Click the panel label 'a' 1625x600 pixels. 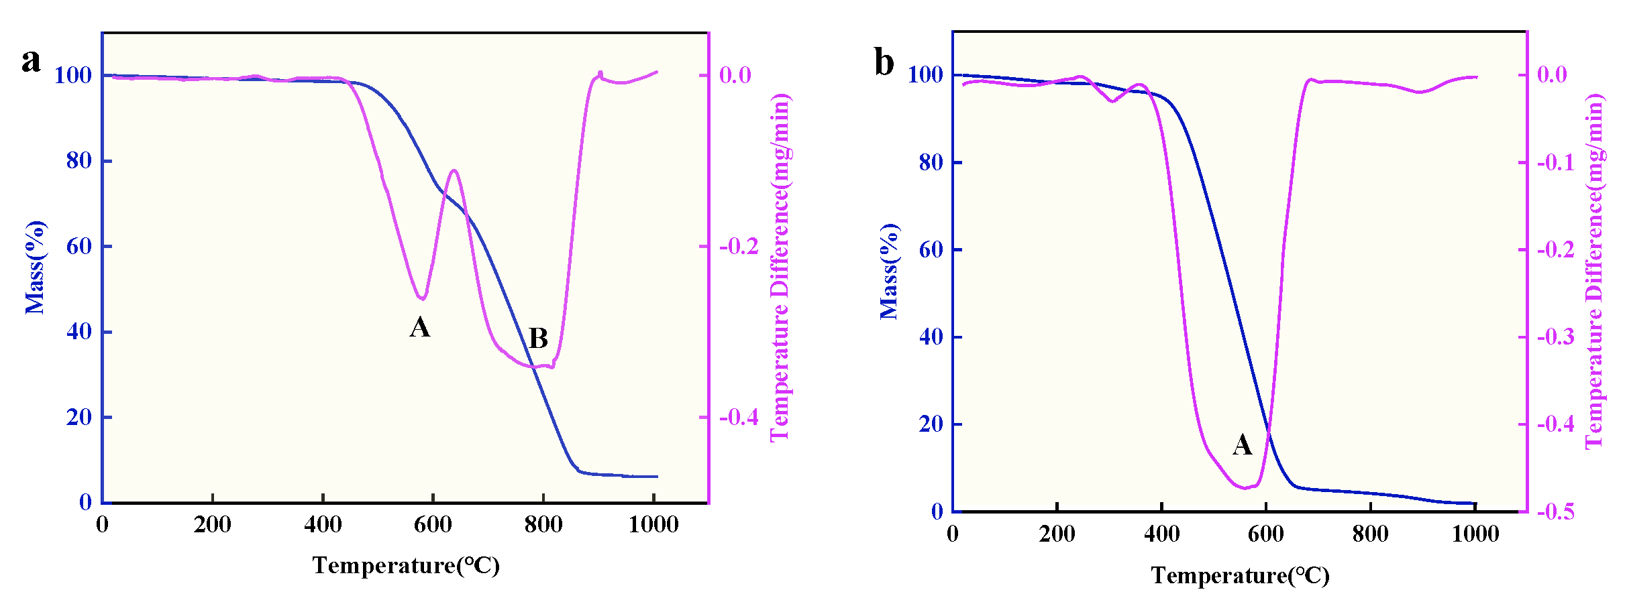[31, 61]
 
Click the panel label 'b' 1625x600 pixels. [884, 62]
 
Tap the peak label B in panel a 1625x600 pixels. [538, 339]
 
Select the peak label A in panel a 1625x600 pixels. [420, 327]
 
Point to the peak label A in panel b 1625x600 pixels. [1242, 444]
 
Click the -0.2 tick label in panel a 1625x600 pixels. [738, 247]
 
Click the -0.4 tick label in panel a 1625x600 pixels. [738, 418]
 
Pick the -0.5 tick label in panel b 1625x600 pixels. [1555, 512]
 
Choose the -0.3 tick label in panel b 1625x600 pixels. [1555, 337]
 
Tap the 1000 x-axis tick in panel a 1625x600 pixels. [653, 524]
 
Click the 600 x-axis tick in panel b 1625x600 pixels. [1265, 534]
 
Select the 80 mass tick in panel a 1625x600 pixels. [78, 161]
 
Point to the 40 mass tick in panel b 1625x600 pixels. [931, 337]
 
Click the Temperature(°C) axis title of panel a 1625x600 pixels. [406, 565]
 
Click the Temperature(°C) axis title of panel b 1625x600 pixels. [1240, 575]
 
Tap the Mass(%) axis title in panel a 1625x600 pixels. [35, 267]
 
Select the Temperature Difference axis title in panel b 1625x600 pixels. [1594, 272]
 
